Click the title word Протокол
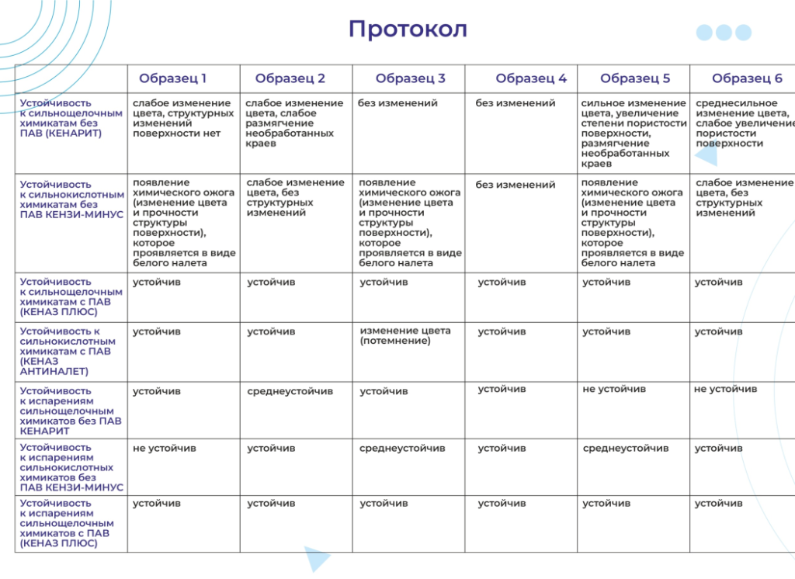click(x=408, y=29)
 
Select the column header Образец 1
click(x=172, y=78)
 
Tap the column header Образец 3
click(x=410, y=78)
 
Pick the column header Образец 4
click(x=531, y=78)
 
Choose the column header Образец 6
click(x=747, y=78)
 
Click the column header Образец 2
click(x=290, y=78)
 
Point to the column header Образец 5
click(x=634, y=78)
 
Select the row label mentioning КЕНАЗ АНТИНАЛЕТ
click(x=66, y=351)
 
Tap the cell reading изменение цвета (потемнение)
click(x=404, y=335)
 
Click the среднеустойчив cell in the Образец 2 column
click(x=290, y=391)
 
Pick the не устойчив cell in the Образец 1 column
click(x=164, y=449)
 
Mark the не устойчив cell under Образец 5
click(x=613, y=389)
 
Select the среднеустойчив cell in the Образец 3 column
click(x=402, y=449)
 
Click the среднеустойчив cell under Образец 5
click(x=625, y=449)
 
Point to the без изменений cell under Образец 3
click(x=397, y=103)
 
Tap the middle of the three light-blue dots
click(x=724, y=33)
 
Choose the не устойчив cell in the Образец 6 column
click(x=725, y=389)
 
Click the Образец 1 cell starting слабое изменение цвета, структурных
click(x=182, y=118)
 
